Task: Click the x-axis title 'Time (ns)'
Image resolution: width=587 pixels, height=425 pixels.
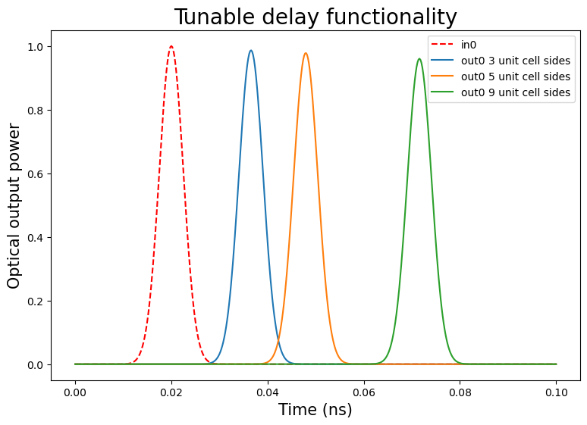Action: tap(315, 410)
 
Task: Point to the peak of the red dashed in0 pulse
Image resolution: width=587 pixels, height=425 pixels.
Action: tap(171, 46)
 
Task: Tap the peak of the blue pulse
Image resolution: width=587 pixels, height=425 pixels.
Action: tap(251, 51)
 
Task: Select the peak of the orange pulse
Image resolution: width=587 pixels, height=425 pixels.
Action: tap(306, 53)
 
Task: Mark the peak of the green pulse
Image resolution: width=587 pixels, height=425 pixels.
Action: tap(419, 59)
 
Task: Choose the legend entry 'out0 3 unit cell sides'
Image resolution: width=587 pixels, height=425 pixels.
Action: tap(515, 61)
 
